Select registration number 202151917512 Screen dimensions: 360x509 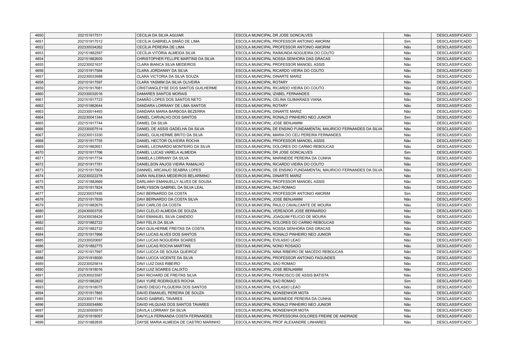click(x=90, y=41)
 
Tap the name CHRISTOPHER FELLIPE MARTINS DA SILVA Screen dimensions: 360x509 click(x=175, y=59)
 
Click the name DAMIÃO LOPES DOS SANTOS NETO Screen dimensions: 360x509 click(x=169, y=100)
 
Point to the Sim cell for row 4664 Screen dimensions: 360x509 click(x=407, y=117)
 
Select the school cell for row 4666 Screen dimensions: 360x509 click(x=309, y=129)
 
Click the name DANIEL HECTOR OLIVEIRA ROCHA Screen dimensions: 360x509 click(x=168, y=141)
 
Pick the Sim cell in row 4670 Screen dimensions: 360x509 click(x=407, y=152)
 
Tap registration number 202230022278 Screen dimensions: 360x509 click(x=90, y=176)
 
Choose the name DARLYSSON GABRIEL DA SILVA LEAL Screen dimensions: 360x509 click(x=170, y=188)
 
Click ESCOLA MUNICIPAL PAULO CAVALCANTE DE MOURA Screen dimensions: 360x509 click(x=283, y=205)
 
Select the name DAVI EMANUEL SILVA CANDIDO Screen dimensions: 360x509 click(x=165, y=217)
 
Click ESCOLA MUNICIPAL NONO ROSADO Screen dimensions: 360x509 click(x=268, y=246)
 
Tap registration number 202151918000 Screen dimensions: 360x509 click(x=90, y=258)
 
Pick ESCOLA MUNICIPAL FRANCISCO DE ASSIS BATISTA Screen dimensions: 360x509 click(x=282, y=275)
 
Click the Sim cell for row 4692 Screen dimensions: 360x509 click(x=407, y=281)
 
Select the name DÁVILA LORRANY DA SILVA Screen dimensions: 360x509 click(x=161, y=310)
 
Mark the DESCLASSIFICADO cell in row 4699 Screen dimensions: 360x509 click(x=454, y=322)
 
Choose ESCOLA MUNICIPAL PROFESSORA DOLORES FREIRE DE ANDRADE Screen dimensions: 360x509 click(x=297, y=316)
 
